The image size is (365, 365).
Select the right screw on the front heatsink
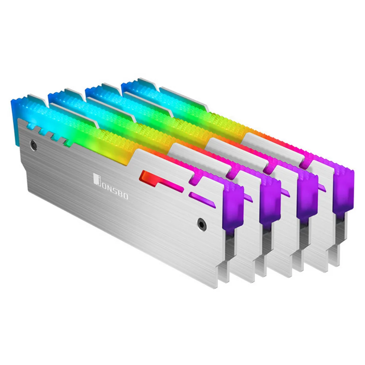[201, 224]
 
